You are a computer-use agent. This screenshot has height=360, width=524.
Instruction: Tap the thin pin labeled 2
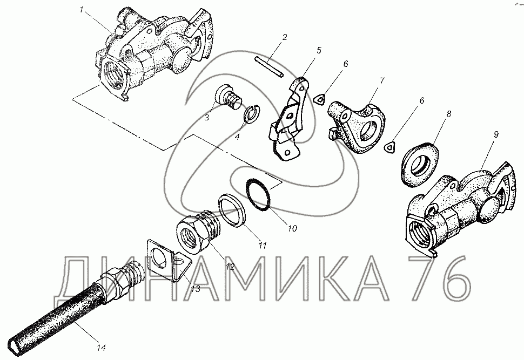[268, 67]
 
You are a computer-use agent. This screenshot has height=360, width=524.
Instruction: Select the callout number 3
[207, 117]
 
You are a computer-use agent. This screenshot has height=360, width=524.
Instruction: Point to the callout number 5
[319, 50]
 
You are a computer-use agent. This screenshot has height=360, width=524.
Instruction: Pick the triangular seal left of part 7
[320, 99]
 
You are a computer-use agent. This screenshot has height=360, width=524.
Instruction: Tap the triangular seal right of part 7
[389, 147]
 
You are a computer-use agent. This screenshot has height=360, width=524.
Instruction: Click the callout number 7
[381, 81]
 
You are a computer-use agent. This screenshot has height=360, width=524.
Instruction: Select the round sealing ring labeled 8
[419, 164]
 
